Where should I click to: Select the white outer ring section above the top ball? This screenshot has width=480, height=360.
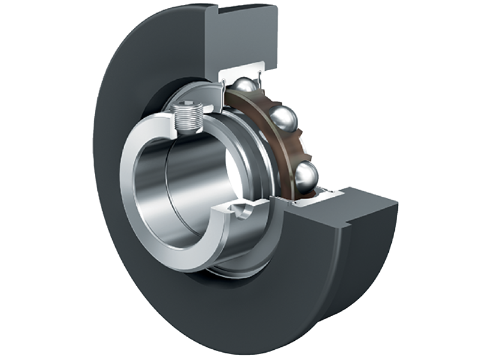pos(240,69)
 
